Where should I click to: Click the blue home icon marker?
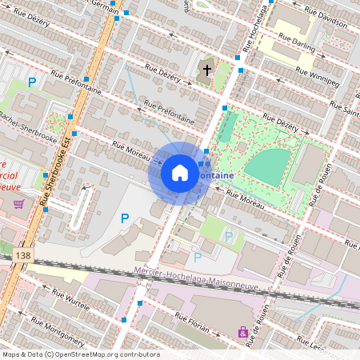tap(180, 173)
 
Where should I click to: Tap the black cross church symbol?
tap(206, 70)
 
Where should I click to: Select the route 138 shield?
tap(22, 255)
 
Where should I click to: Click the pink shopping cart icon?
tap(18, 205)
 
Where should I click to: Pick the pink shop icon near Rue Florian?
tap(243, 331)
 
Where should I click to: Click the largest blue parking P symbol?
tap(124, 218)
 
